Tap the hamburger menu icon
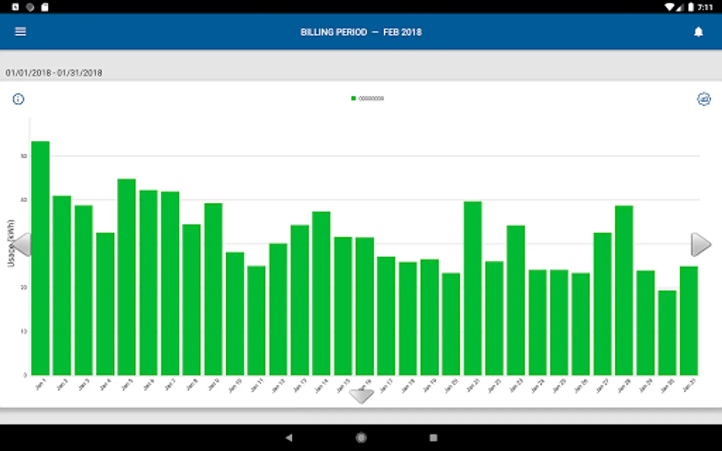click(x=21, y=32)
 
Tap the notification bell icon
click(x=698, y=32)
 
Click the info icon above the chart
click(x=18, y=99)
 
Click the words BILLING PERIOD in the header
click(x=333, y=32)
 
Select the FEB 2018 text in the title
click(x=402, y=32)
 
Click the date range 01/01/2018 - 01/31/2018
click(x=54, y=73)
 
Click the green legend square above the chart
click(x=353, y=99)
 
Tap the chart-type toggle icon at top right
click(x=704, y=99)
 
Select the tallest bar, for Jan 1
click(x=41, y=258)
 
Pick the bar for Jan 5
click(x=127, y=277)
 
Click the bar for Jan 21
click(x=473, y=288)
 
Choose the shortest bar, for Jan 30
click(x=667, y=333)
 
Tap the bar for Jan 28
click(x=624, y=290)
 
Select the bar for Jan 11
click(x=256, y=320)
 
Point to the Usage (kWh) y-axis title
click(x=11, y=244)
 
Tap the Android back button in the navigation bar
click(x=289, y=437)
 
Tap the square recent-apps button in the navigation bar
click(x=434, y=437)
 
